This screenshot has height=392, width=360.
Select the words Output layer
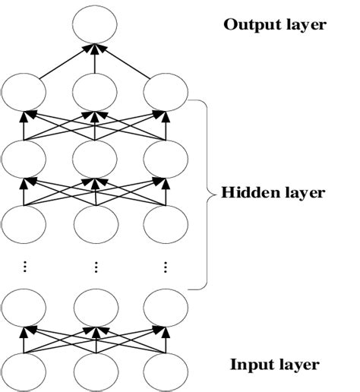[274, 25]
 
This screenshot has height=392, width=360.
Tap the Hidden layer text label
[273, 193]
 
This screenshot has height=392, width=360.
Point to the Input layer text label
[275, 365]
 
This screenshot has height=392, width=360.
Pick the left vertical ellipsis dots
[25, 266]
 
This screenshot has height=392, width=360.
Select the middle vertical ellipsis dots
[96, 266]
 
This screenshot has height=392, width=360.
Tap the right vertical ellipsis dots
[166, 266]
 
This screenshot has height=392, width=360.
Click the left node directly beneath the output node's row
[25, 94]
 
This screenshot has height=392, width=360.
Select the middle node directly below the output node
[96, 94]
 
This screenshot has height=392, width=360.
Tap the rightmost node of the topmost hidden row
[166, 94]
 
